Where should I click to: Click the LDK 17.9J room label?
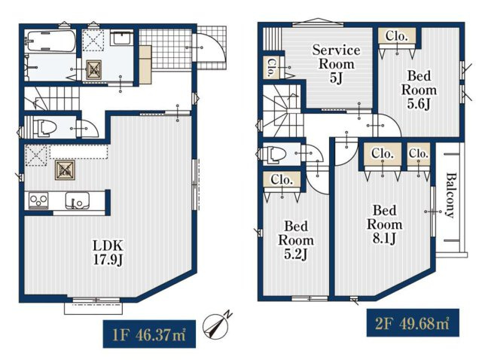pyautogui.click(x=108, y=253)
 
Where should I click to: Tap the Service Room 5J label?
pyautogui.click(x=337, y=63)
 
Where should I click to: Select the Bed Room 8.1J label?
pyautogui.click(x=384, y=224)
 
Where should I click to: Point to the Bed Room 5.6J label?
pyautogui.click(x=419, y=90)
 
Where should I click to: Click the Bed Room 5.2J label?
pyautogui.click(x=296, y=240)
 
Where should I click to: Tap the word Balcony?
pyautogui.click(x=450, y=196)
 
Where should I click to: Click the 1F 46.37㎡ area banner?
pyautogui.click(x=149, y=334)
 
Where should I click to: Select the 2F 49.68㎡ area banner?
pyautogui.click(x=413, y=323)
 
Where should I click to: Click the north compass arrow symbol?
pyautogui.click(x=218, y=325)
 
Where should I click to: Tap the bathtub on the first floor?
pyautogui.click(x=50, y=41)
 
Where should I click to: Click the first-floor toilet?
pyautogui.click(x=45, y=128)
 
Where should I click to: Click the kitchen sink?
pyautogui.click(x=77, y=200)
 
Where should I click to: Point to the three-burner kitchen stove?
pyautogui.click(x=38, y=200)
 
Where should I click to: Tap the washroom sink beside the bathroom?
pyautogui.click(x=121, y=38)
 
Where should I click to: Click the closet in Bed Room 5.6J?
pyautogui.click(x=397, y=36)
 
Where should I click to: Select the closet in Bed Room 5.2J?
pyautogui.click(x=282, y=179)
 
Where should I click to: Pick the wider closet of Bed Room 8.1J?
pyautogui.click(x=383, y=153)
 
